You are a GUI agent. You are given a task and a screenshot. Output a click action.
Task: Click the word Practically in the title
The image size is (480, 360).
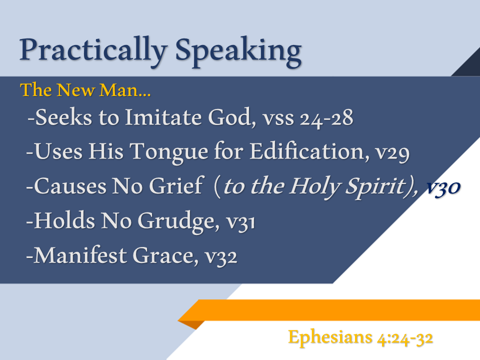pos(93,51)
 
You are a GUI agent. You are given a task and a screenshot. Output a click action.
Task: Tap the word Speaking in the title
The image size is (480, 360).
pos(238,51)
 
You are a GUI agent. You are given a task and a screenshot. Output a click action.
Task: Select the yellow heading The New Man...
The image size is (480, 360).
pos(85,90)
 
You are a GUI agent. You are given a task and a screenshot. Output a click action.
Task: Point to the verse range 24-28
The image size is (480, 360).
pos(326,119)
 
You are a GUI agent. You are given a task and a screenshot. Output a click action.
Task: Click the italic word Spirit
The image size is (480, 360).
pos(376,186)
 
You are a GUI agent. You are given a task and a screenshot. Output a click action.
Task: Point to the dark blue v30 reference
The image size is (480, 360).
pos(443,187)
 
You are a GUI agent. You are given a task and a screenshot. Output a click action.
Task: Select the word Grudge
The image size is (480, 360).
pos(176,221)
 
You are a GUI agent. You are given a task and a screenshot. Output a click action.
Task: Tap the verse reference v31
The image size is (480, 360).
pos(240,222)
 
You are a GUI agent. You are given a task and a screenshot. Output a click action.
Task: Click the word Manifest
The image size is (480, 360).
pos(80,255)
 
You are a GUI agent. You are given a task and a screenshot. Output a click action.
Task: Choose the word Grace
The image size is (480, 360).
pos(163,255)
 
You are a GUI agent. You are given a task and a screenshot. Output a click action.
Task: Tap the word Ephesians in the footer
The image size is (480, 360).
pos(330,337)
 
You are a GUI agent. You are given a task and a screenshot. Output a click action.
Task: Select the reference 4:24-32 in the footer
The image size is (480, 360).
pos(405,338)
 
